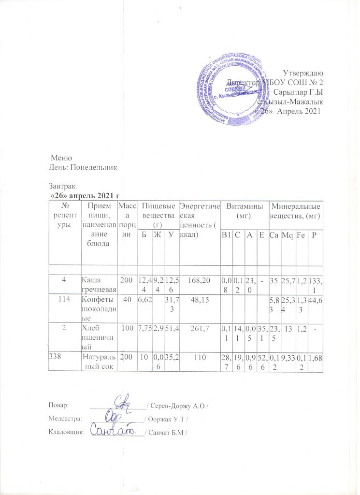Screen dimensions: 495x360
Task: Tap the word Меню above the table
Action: click(x=62, y=158)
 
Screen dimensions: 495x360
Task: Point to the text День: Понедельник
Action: click(x=83, y=167)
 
